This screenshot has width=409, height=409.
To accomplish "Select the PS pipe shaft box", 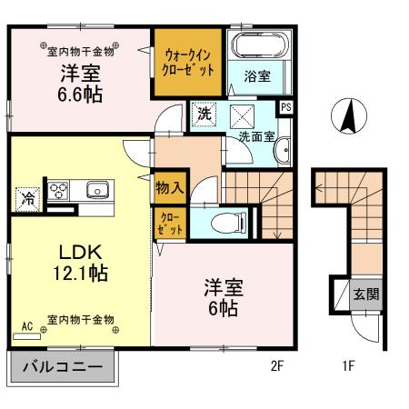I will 286,106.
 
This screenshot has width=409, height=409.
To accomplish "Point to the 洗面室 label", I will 255,137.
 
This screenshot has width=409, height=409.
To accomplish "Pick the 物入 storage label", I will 169,188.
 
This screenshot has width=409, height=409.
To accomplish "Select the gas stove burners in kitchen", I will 60,191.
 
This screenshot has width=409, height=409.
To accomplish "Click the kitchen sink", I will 96,191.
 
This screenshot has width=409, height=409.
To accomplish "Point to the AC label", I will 27,324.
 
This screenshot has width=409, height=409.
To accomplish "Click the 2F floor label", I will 277,367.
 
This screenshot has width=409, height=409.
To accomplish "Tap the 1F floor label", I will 347,367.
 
